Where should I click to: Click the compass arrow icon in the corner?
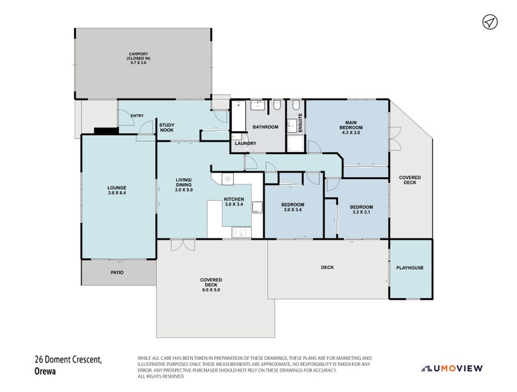490,22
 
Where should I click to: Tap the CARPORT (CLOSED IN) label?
139,56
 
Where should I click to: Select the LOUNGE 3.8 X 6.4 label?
117,190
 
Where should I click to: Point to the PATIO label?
117,272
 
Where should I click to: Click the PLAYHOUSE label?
410,268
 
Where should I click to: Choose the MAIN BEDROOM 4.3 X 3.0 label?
351,127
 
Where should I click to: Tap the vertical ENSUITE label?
301,123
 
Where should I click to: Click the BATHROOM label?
265,127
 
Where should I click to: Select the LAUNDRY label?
246,144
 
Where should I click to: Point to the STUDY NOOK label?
167,127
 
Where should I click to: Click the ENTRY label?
137,116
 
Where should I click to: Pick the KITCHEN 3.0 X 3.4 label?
234,202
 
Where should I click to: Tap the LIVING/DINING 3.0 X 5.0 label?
184,185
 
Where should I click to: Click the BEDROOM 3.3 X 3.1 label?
361,210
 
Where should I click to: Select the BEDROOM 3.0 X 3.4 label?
293,207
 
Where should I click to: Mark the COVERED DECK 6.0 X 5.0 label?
211,285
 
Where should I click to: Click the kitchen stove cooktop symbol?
228,179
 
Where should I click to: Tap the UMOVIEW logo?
452,368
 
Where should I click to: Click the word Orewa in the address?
45,371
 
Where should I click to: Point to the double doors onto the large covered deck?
183,244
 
